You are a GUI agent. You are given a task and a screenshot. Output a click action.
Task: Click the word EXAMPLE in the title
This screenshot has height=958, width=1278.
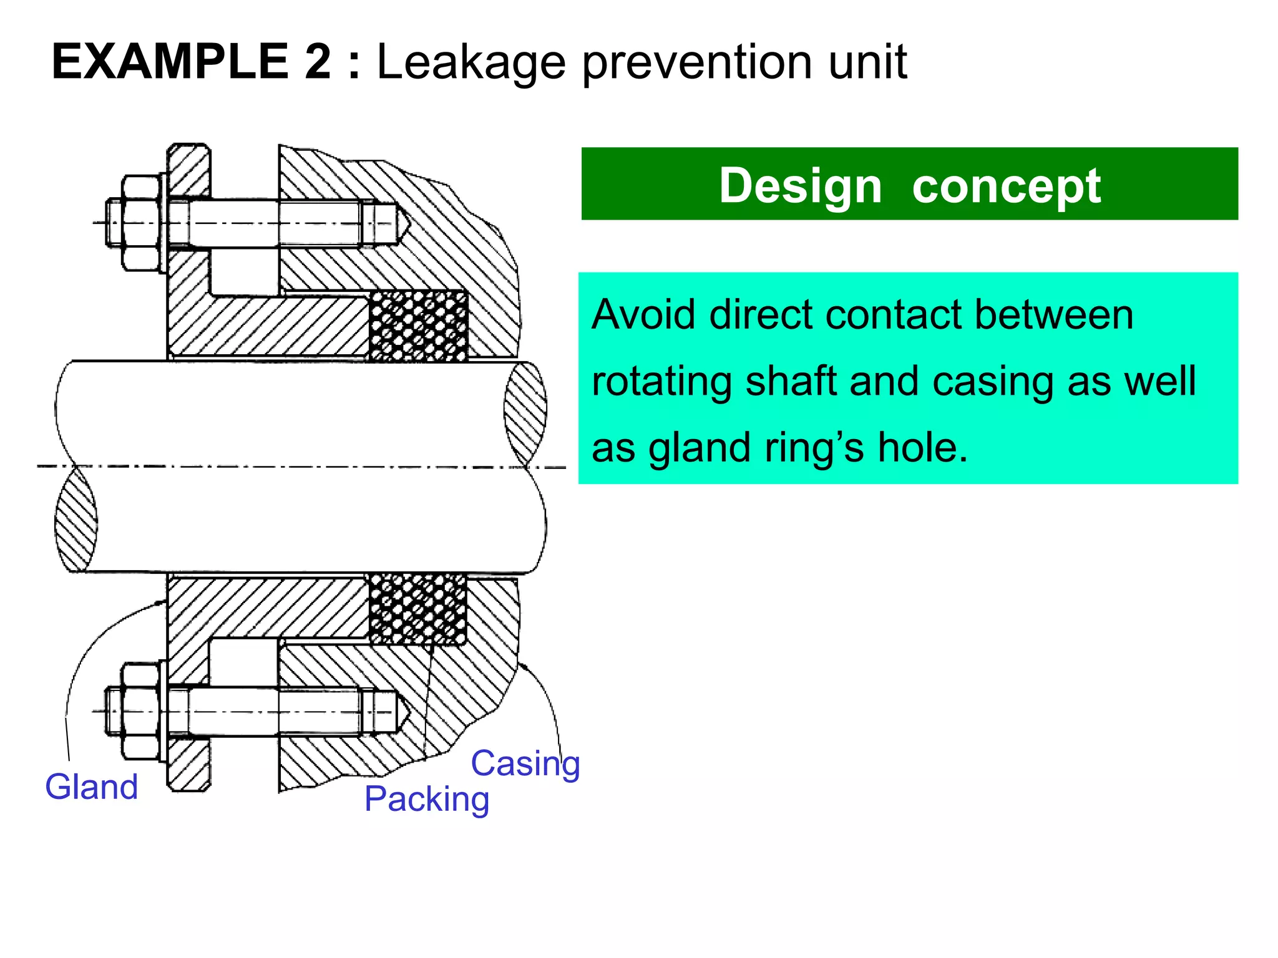pos(169,62)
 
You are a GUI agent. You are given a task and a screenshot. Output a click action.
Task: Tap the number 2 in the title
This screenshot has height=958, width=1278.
pos(318,62)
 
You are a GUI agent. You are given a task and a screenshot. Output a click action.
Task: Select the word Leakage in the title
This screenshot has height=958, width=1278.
pos(471,63)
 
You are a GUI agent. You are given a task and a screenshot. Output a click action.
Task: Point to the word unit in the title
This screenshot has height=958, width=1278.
pos(867,62)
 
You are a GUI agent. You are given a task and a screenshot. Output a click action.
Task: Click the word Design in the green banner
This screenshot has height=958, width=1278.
pos(801,185)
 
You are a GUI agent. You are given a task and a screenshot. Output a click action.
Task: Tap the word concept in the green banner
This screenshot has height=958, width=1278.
pos(1006,185)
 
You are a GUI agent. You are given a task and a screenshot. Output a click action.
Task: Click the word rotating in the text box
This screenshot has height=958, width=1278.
pos(662,381)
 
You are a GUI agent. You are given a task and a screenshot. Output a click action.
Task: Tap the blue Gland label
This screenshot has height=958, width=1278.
pos(92,786)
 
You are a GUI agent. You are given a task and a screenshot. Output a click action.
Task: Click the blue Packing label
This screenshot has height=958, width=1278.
pos(427,800)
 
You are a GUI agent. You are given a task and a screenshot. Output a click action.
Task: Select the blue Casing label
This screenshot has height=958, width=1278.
pos(525,763)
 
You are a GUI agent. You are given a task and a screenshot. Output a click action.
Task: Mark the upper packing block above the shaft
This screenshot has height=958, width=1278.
pos(418,326)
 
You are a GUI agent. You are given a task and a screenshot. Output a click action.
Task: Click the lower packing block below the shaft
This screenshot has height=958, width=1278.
pos(417,609)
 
